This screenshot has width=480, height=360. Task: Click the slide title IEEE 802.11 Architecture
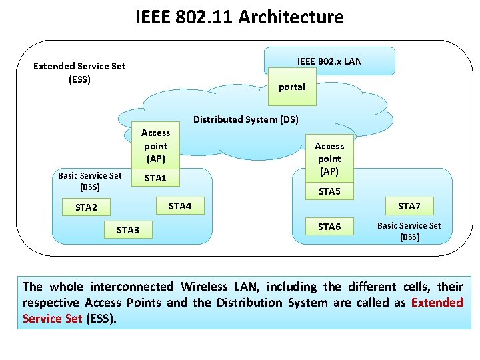(x=239, y=17)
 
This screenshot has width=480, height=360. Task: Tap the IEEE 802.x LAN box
(x=329, y=61)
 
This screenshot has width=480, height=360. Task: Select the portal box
(x=292, y=87)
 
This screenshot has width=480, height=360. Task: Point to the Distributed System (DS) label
(x=246, y=119)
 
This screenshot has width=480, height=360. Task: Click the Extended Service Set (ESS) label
(x=79, y=73)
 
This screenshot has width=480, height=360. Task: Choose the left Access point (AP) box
(x=155, y=146)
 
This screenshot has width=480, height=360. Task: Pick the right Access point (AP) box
(x=329, y=159)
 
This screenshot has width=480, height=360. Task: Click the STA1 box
(x=155, y=178)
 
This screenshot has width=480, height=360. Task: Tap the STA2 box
(x=86, y=207)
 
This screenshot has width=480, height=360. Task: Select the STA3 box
(x=128, y=230)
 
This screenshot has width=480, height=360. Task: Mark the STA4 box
(x=180, y=206)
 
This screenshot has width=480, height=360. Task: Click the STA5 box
(x=329, y=192)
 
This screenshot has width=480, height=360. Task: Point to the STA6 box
(x=329, y=227)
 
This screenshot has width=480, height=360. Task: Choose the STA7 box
(x=409, y=205)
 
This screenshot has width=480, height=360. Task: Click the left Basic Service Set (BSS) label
(x=89, y=181)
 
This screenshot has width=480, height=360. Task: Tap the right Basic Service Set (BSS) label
(x=409, y=231)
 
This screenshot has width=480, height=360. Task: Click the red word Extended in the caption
(x=437, y=303)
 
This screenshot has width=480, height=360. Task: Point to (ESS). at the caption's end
(x=101, y=319)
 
